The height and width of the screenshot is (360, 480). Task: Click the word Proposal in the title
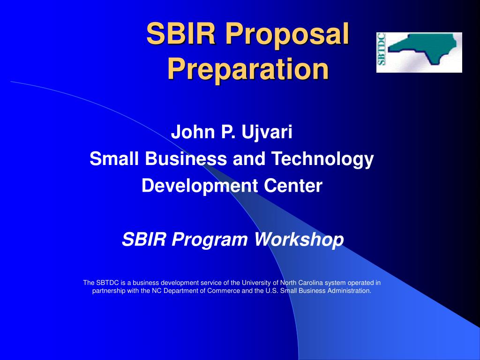[x=287, y=34]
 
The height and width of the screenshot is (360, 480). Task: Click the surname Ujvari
[x=267, y=132]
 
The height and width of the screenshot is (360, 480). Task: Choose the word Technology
[x=322, y=159]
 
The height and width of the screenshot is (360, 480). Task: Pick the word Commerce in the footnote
[x=224, y=291]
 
